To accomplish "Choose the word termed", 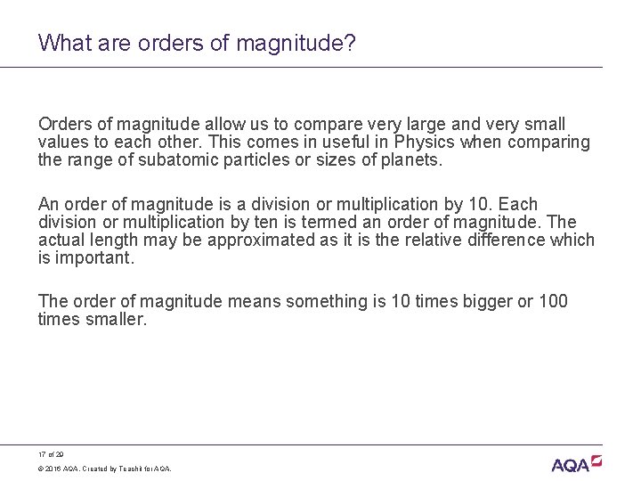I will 357,222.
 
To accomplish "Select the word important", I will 95,257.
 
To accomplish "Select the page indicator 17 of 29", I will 52,452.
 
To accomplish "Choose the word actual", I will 62,240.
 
